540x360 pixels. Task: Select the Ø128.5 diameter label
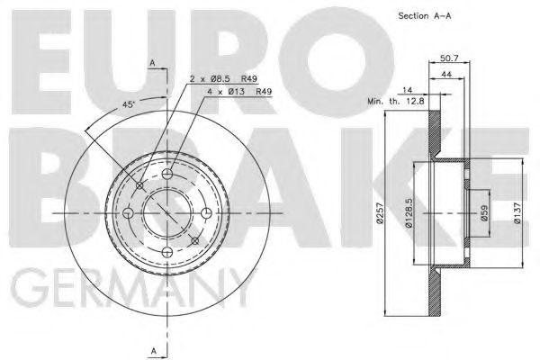click(x=409, y=215)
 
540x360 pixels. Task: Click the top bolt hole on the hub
click(x=167, y=173)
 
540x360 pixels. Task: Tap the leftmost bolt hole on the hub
click(x=127, y=213)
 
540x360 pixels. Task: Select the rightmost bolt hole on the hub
click(x=207, y=213)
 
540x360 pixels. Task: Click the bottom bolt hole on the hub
click(x=167, y=253)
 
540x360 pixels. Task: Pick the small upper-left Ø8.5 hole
click(x=139, y=184)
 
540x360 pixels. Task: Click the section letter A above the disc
click(x=154, y=62)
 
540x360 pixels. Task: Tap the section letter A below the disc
click(x=154, y=348)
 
